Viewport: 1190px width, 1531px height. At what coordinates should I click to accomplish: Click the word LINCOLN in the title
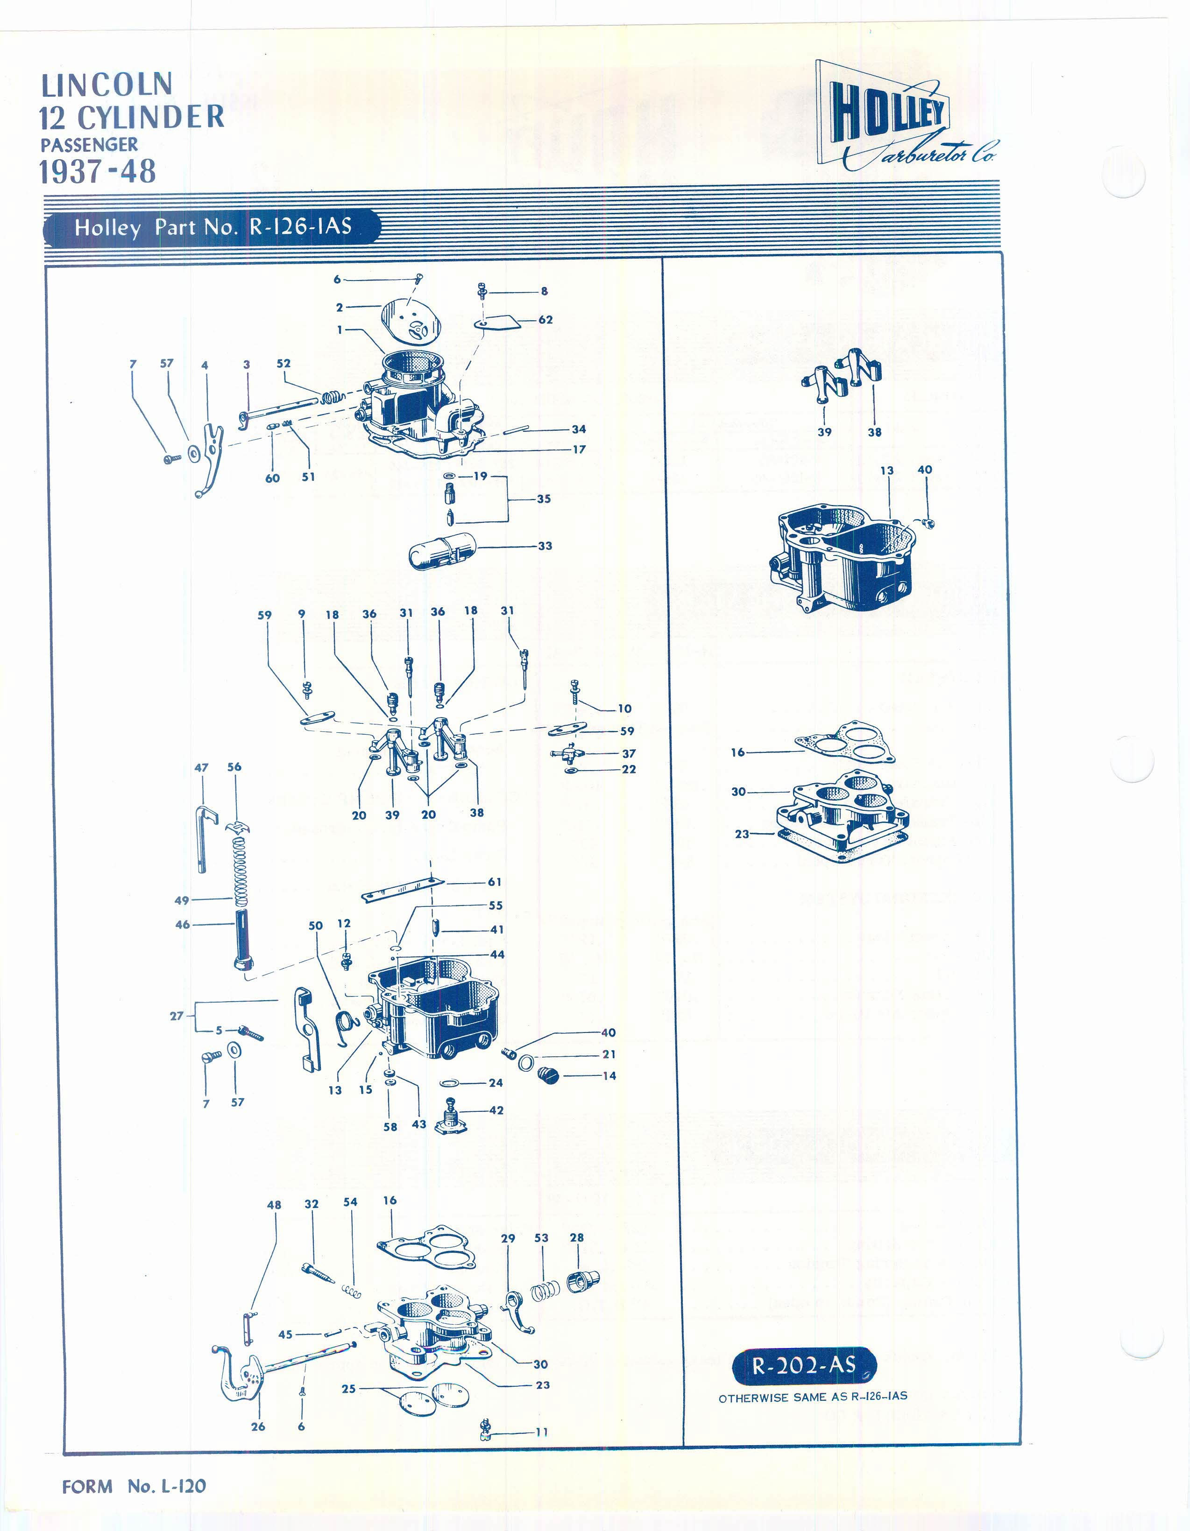click(x=106, y=85)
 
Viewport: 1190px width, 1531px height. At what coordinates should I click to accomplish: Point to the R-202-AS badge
click(x=804, y=1365)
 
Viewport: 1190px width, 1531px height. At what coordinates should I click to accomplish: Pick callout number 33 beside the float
click(x=545, y=545)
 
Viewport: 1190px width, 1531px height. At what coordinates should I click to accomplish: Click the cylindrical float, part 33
click(x=442, y=550)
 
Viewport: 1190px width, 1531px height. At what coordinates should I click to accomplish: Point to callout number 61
click(x=495, y=882)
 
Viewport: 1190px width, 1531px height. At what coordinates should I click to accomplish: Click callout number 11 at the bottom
click(x=541, y=1432)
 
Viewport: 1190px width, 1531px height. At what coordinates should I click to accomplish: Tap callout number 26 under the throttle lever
click(x=258, y=1426)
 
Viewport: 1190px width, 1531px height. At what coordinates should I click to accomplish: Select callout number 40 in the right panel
click(x=925, y=470)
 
